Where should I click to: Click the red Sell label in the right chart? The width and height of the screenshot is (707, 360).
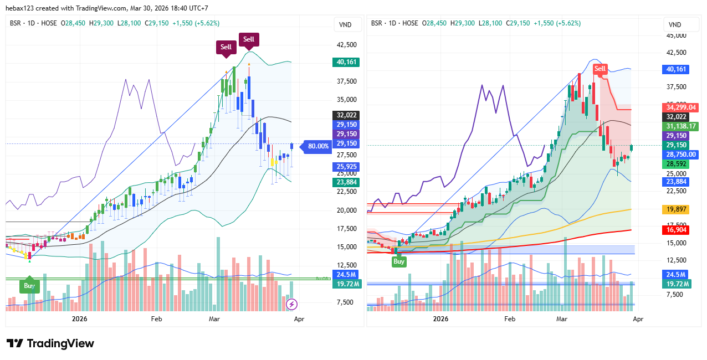pos(600,69)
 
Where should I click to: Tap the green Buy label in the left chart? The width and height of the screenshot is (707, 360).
pos(29,286)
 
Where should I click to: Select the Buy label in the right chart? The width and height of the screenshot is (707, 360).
pos(398,261)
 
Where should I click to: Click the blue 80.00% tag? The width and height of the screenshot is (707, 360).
pos(318,146)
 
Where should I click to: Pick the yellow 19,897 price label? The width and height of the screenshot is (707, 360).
pos(677,209)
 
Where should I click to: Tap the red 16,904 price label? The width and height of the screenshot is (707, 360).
pos(677,230)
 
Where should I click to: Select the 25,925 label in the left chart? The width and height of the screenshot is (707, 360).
pos(346,166)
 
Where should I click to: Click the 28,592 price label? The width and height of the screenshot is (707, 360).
pos(677,164)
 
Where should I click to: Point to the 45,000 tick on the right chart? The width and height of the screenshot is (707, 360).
pos(675,35)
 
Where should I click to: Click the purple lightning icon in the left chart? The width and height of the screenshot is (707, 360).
pos(291,304)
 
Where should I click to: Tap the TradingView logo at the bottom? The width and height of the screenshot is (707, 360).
pos(50,343)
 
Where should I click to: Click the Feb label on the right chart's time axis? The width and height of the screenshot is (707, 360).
pos(510,319)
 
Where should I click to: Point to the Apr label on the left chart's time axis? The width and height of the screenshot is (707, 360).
pos(299,319)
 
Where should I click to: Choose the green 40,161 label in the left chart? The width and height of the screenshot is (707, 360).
pos(346,62)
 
